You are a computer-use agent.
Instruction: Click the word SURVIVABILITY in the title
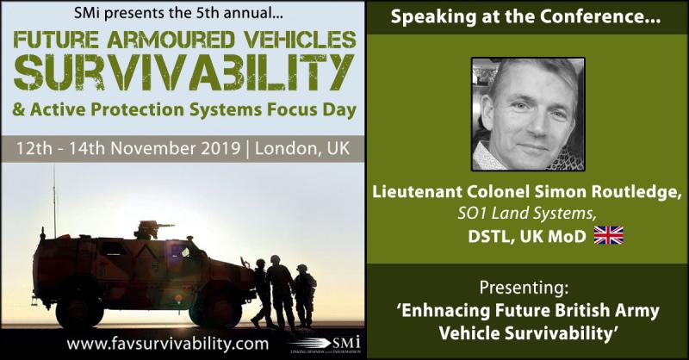tap(183, 72)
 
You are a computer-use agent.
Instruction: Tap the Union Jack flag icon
tap(609, 236)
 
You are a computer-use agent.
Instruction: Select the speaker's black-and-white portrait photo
tap(528, 115)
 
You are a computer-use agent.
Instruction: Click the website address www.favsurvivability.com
tap(167, 344)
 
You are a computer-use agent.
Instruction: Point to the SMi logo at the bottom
tap(326, 344)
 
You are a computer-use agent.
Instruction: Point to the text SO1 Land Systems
tap(527, 214)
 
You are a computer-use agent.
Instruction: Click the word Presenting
tap(524, 289)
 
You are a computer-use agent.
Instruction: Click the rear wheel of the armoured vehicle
tap(79, 310)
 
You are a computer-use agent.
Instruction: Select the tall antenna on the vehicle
tap(55, 202)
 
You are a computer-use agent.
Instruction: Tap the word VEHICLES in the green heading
tap(300, 40)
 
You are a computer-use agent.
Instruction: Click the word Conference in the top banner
tap(600, 17)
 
